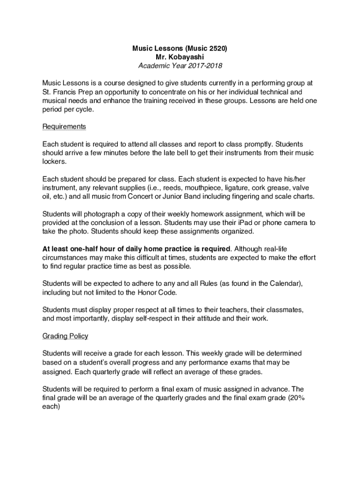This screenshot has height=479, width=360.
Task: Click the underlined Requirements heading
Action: pos(64,127)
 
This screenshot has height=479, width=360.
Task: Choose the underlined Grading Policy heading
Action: pos(65,336)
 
